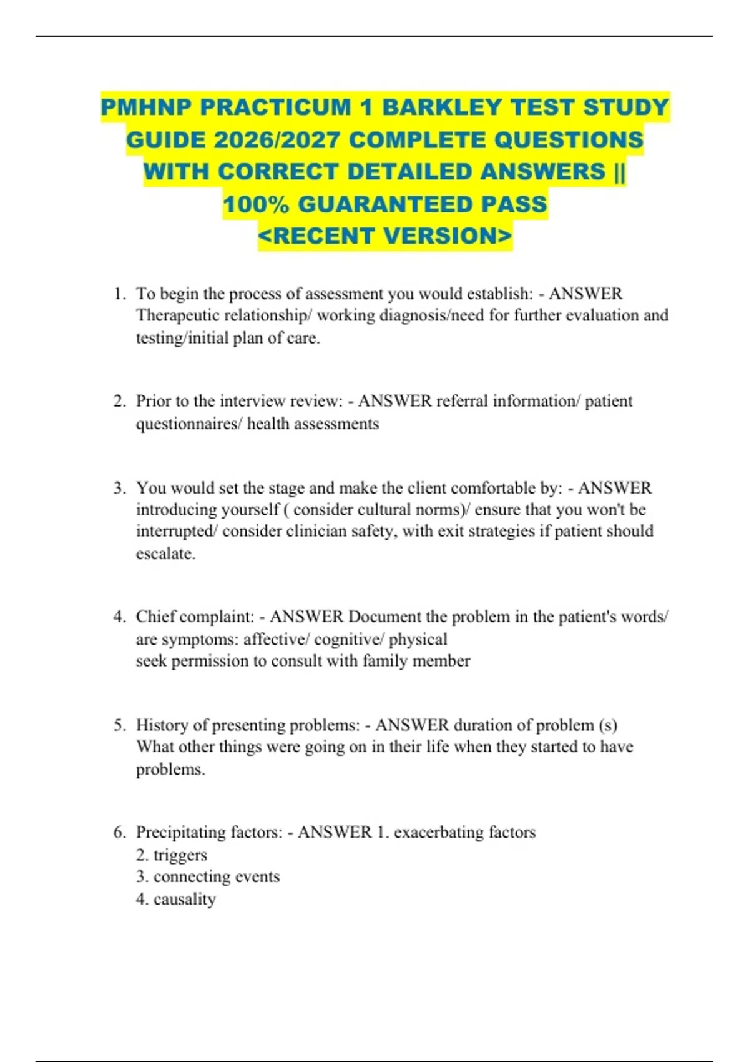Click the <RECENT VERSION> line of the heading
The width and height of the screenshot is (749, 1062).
[x=385, y=236]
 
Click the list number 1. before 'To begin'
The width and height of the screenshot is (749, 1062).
[x=120, y=294]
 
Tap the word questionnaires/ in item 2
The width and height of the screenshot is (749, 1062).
[x=188, y=424]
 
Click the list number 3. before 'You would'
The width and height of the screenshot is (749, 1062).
[x=120, y=488]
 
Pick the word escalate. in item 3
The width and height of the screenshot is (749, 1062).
[x=165, y=553]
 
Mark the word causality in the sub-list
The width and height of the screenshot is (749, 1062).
[x=184, y=900]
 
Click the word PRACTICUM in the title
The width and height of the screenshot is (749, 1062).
[x=275, y=107]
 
